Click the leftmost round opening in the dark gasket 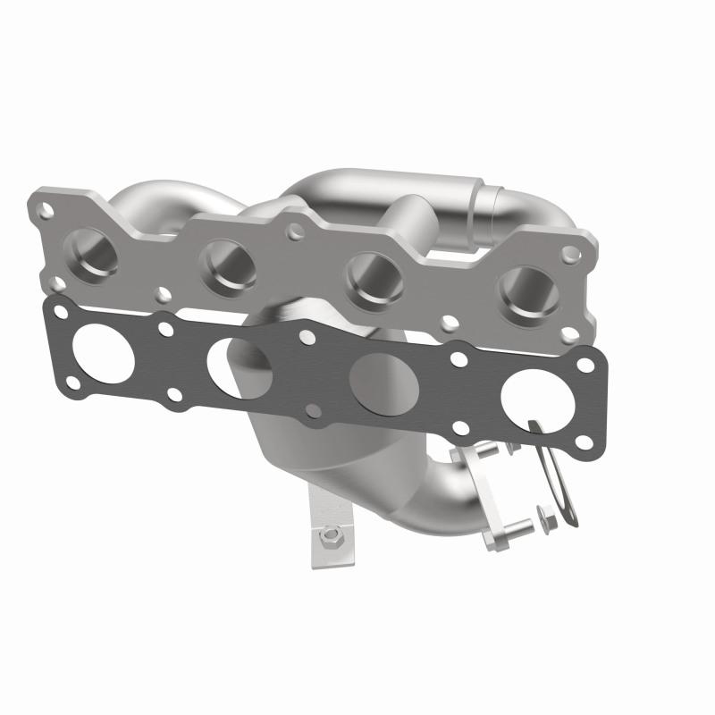[x=105, y=354]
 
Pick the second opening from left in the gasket [x=240, y=368]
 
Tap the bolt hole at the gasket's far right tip [x=587, y=365]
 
